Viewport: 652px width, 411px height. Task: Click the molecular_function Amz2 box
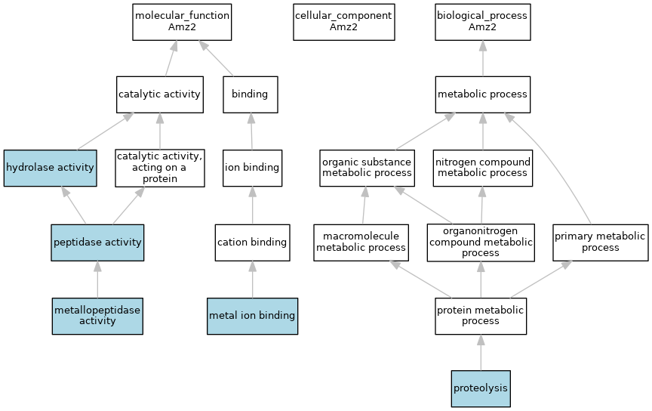182,22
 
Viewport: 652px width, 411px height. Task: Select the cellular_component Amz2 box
343,22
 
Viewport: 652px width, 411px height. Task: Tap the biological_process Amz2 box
482,22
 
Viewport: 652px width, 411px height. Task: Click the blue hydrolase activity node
51,168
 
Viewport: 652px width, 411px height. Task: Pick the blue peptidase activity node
97,243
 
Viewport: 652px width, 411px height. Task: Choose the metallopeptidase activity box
97,316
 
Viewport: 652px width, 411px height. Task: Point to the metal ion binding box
252,316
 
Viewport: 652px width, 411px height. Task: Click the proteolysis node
481,389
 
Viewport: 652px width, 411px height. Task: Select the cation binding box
252,243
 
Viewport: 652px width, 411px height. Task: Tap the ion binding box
251,168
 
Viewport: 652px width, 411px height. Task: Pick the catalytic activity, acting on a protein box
159,168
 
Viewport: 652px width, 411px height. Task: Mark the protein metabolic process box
481,316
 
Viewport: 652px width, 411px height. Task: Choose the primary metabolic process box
600,243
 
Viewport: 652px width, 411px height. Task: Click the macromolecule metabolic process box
361,243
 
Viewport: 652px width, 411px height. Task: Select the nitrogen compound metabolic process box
482,168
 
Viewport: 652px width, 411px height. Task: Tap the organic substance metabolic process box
367,168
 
